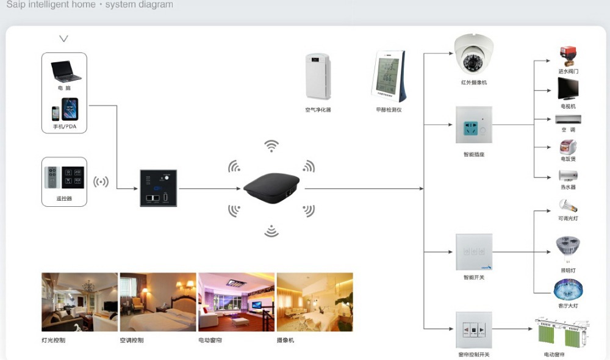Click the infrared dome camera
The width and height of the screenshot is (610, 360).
click(x=473, y=56)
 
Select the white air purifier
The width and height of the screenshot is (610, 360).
click(x=318, y=76)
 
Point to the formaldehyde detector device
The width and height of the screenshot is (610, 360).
click(x=389, y=76)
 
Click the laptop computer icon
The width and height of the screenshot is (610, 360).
click(x=65, y=71)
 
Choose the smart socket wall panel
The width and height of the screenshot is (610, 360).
click(x=473, y=125)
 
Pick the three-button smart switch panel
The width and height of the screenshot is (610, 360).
click(x=473, y=252)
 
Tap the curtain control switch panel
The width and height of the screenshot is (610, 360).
click(x=473, y=330)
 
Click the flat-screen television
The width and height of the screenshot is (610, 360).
click(x=567, y=89)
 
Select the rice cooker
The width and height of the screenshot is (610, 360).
click(x=568, y=147)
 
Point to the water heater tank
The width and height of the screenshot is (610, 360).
click(x=568, y=175)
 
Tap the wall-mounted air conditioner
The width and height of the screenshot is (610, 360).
click(x=568, y=119)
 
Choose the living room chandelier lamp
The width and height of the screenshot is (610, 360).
click(x=567, y=289)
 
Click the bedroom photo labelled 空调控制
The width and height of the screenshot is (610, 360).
click(x=158, y=302)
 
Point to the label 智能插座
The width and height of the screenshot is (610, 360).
click(x=473, y=154)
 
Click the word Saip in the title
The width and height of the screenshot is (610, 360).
click(x=16, y=5)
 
